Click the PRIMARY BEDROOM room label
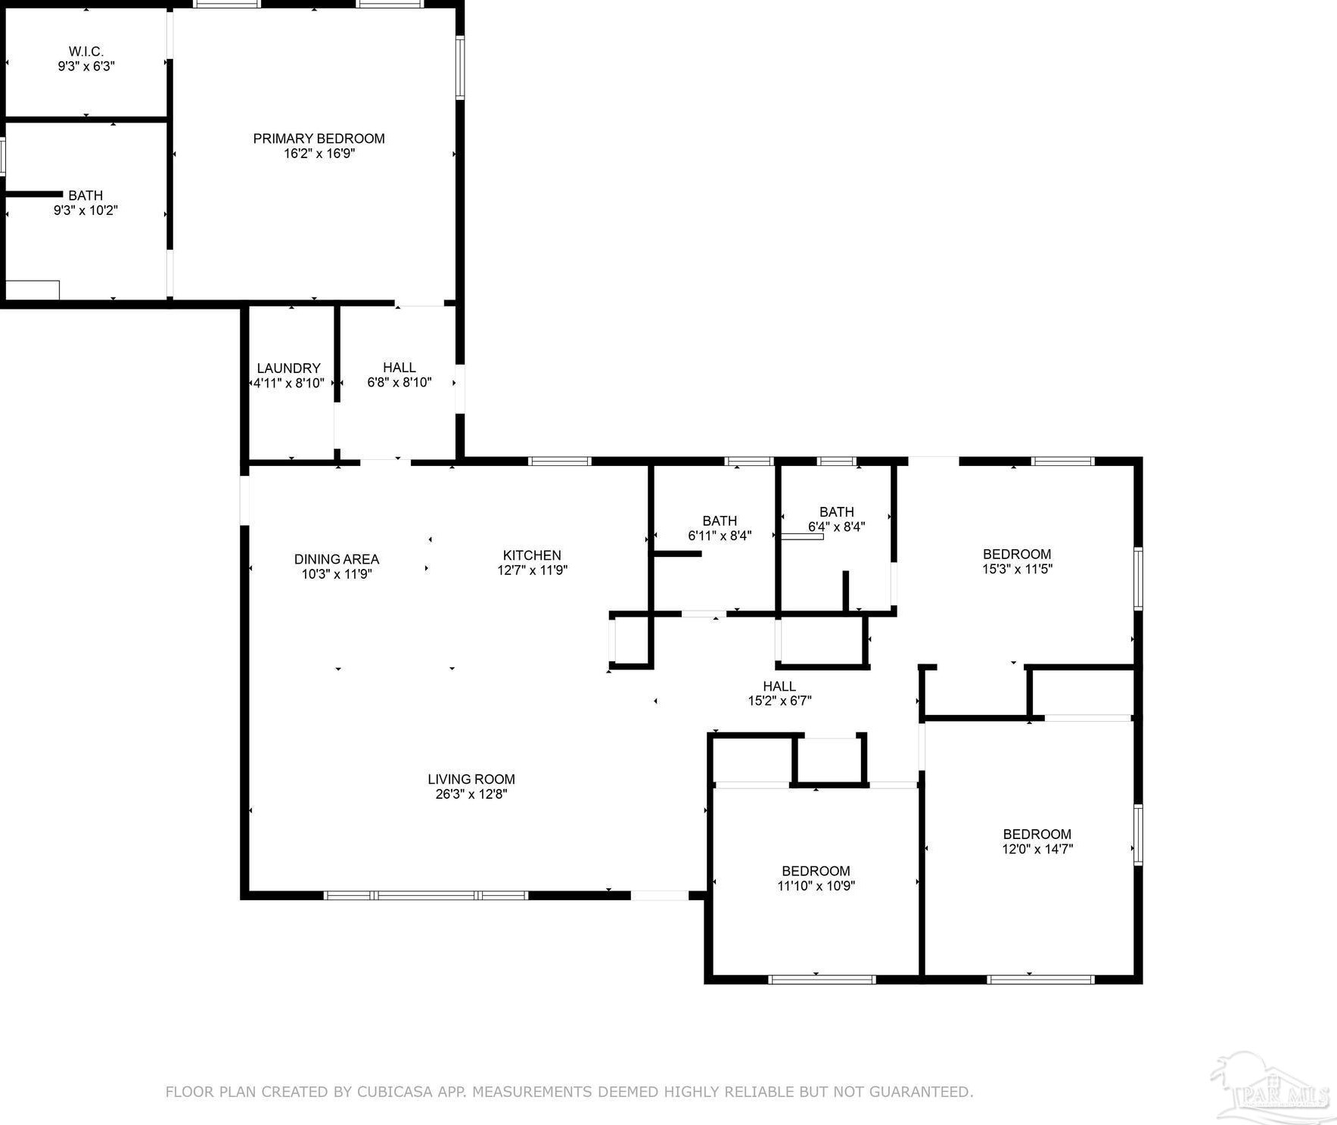[x=319, y=138]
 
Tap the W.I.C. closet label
[x=86, y=51]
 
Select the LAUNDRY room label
[x=288, y=368]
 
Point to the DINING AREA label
[x=337, y=559]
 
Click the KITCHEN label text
[x=533, y=555]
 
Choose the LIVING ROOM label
[x=471, y=779]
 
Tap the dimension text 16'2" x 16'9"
[x=319, y=154]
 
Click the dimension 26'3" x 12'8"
[x=471, y=794]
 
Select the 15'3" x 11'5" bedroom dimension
[x=1017, y=569]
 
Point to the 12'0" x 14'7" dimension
[x=1037, y=849]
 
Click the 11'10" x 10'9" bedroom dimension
[x=816, y=886]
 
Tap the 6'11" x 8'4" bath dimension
[x=720, y=536]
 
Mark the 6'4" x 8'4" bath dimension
[x=836, y=527]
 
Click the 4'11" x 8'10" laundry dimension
[x=288, y=384]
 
